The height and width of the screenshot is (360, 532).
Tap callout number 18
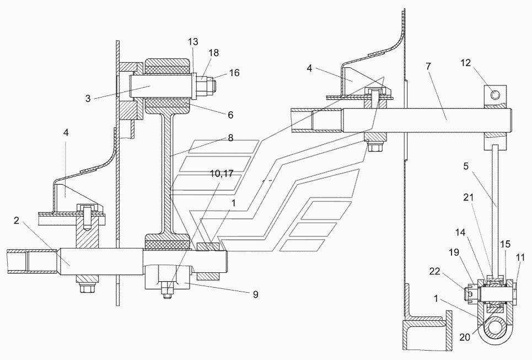click(x=214, y=52)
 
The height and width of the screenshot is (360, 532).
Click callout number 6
click(x=230, y=115)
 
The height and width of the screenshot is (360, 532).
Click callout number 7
click(x=429, y=66)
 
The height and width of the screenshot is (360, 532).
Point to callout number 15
click(x=504, y=244)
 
